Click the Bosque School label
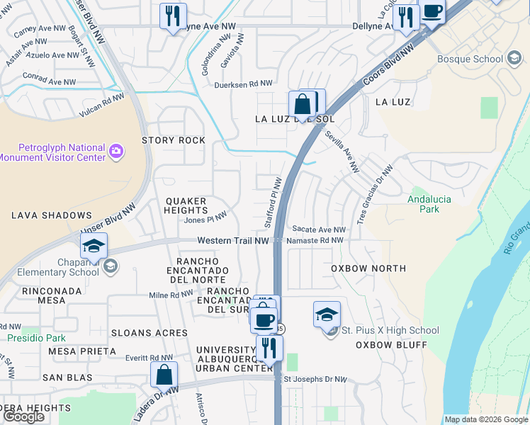click(470, 59)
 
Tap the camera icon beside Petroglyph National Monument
click(116, 150)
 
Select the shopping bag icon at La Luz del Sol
click(303, 105)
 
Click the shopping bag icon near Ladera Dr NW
click(164, 375)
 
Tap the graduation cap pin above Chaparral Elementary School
click(94, 246)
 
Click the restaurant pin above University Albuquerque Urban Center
click(269, 348)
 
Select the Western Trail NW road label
click(232, 241)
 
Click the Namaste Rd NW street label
click(316, 241)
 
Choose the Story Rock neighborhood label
click(174, 140)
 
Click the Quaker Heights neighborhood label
click(186, 205)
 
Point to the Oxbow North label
click(368, 268)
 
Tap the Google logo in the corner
click(24, 416)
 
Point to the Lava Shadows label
click(51, 215)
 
